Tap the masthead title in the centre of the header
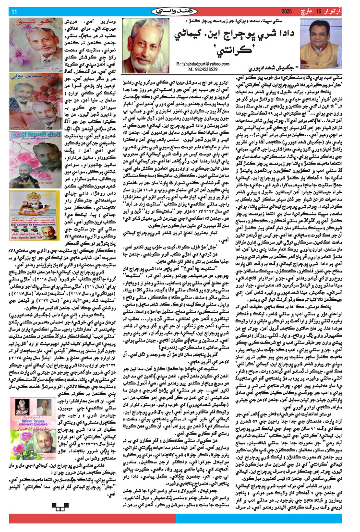coord(180,10)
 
